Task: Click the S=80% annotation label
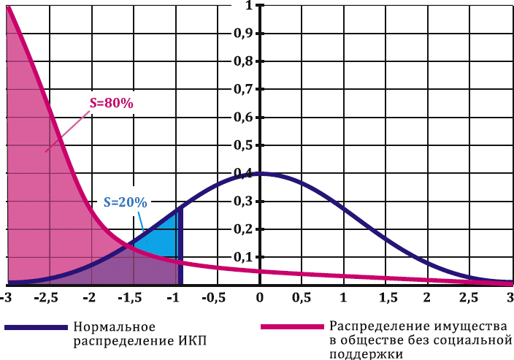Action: pos(111,104)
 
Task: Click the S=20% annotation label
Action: pos(125,202)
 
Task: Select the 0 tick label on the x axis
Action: pos(259,298)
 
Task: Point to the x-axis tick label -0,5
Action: pos(215,298)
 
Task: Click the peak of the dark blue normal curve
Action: pos(259,173)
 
